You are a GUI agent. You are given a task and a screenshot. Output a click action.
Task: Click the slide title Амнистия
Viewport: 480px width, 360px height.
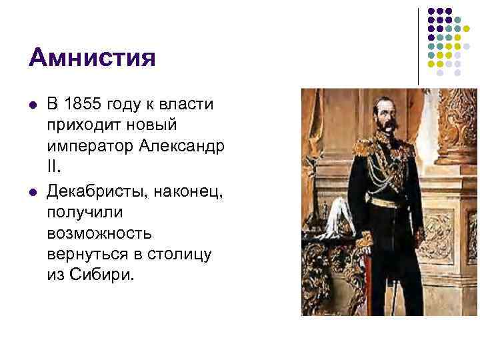coord(92,58)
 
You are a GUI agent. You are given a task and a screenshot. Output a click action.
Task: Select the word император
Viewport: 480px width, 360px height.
coord(91,145)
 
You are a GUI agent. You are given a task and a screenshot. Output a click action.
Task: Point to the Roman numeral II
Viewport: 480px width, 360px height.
coord(53,166)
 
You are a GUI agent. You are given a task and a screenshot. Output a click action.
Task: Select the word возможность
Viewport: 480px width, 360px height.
coord(99,233)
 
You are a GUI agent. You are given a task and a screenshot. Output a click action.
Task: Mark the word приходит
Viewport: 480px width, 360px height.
coord(83,125)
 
